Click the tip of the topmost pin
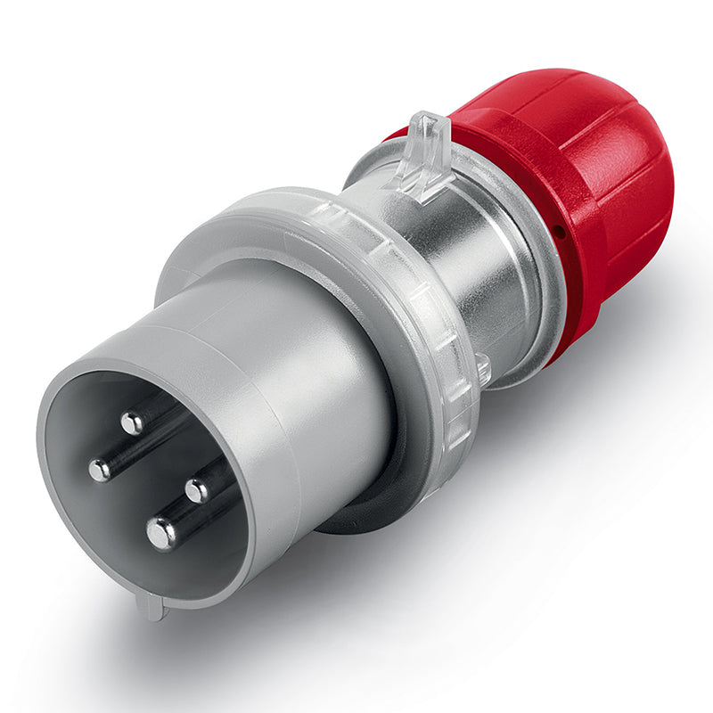click(x=132, y=422)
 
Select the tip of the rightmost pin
click(x=197, y=489)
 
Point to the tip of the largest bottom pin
click(x=162, y=533)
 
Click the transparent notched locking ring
click(x=419, y=294)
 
